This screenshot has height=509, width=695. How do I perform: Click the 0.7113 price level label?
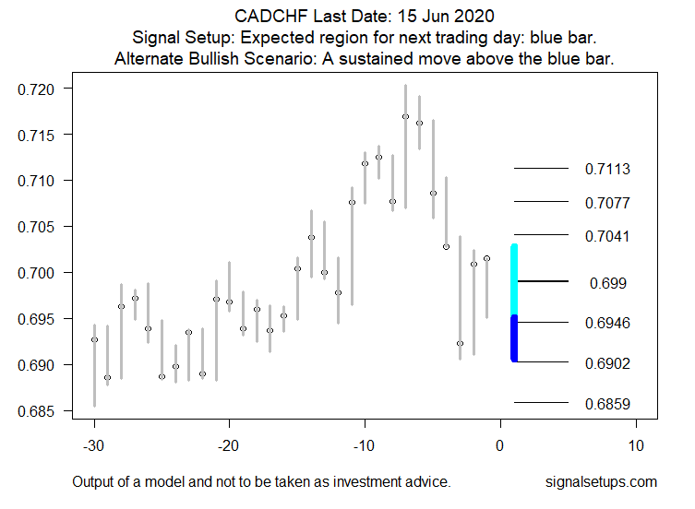point(607,170)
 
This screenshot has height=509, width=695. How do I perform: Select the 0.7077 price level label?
point(607,203)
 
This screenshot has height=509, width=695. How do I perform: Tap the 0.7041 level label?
point(607,237)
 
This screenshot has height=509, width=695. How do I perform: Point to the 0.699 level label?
point(607,283)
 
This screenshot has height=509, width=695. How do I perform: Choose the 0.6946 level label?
point(607,324)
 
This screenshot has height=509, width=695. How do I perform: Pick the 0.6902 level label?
point(607,363)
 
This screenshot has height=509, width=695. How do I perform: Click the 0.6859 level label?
point(607,404)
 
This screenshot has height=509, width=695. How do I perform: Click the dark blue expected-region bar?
point(514,338)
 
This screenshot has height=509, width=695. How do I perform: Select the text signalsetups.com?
point(602,482)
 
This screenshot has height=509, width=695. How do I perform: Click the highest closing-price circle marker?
point(405,116)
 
